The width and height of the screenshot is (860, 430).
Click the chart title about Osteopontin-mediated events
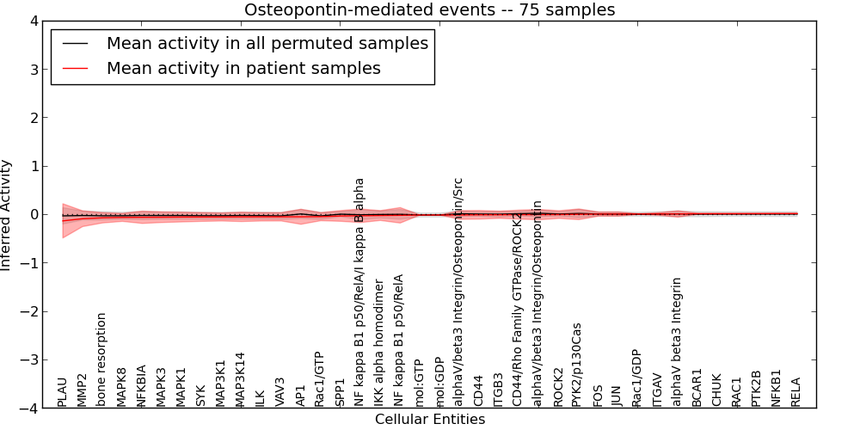click(x=429, y=10)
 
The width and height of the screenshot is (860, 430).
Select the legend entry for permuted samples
click(x=267, y=43)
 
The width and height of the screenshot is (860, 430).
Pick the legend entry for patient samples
click(x=243, y=68)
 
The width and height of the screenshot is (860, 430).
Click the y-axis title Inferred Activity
click(x=7, y=215)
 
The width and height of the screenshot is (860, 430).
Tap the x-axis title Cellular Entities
click(x=429, y=420)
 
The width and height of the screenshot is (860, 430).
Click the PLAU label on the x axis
click(x=63, y=392)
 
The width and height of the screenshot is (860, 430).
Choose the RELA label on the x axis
click(x=796, y=392)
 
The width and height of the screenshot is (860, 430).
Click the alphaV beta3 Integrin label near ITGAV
click(x=677, y=341)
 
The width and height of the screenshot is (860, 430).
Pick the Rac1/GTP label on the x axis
click(x=319, y=379)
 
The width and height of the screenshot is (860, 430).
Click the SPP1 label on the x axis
click(x=340, y=392)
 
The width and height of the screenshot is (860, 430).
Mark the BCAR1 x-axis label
click(x=697, y=389)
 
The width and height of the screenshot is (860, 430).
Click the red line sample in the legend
click(x=76, y=68)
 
